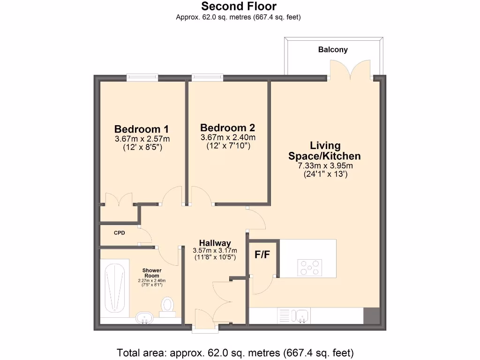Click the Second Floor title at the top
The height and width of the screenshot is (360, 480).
(239, 7)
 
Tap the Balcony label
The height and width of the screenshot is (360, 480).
(333, 49)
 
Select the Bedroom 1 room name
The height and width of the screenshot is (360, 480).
(142, 129)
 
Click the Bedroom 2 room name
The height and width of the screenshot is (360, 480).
(227, 127)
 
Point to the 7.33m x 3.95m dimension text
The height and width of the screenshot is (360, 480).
(325, 165)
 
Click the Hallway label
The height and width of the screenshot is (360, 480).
(215, 243)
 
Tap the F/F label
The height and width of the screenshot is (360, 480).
(262, 255)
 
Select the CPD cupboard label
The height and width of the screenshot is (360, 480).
(119, 232)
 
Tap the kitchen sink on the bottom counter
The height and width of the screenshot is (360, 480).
(300, 315)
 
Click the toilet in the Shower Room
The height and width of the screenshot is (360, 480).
(167, 305)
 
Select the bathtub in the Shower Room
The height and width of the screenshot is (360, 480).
(114, 287)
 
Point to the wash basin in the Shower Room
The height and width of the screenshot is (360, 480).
(146, 318)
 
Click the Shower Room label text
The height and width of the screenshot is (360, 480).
(152, 273)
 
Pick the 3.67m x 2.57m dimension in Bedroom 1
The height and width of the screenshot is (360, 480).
(142, 139)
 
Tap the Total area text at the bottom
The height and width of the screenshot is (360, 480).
(235, 352)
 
